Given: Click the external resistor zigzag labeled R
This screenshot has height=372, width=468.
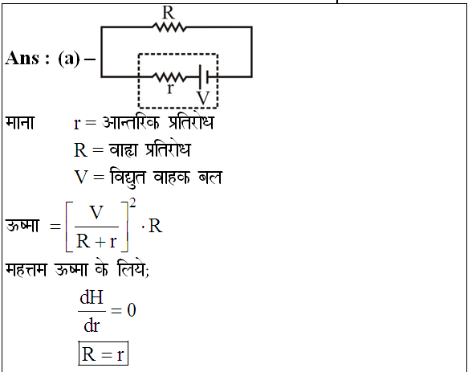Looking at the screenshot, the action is [x=169, y=27].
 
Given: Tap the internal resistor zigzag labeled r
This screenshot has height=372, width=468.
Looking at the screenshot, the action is [x=169, y=77].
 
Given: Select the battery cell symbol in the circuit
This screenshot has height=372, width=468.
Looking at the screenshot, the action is [x=204, y=77].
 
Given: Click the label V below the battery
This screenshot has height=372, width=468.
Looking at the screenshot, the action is [x=203, y=98].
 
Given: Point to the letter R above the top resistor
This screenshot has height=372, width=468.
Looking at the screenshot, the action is [x=169, y=13].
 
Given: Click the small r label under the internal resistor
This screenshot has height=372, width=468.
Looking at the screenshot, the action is [x=170, y=88].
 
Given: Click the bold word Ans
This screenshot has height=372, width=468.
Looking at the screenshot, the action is [x=22, y=58].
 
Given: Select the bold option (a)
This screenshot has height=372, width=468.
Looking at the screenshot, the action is [x=69, y=59].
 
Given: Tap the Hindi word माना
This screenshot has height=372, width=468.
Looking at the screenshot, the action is [x=20, y=122].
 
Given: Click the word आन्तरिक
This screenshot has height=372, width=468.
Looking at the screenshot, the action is [x=131, y=122].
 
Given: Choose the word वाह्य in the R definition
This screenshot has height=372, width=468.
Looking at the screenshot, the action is [x=124, y=149].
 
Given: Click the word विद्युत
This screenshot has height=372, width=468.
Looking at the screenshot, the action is [x=128, y=178].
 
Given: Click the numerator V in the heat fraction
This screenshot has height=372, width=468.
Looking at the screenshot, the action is [x=96, y=212].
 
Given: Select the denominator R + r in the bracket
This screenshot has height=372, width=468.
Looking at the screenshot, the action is [x=96, y=241].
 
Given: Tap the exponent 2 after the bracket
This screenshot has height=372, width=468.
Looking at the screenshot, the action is [x=132, y=203].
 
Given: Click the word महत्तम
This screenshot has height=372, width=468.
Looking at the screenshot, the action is [x=26, y=270].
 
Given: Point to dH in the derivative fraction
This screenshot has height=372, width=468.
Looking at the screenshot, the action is [x=92, y=297].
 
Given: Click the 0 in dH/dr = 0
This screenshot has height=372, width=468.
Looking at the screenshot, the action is [x=132, y=310].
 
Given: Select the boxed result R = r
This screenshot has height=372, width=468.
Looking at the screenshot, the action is [x=104, y=354].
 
